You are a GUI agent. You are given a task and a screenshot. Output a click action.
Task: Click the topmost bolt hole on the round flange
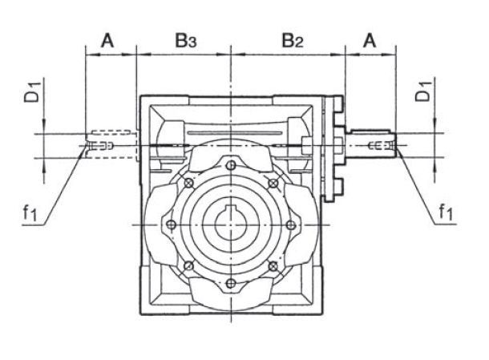(231, 165)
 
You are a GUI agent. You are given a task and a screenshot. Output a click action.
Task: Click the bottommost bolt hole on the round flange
(231, 282)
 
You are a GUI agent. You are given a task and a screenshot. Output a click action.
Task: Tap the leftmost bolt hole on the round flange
(172, 224)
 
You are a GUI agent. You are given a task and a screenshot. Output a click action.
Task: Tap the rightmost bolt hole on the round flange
(290, 224)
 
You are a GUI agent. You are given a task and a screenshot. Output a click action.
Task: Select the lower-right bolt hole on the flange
(273, 265)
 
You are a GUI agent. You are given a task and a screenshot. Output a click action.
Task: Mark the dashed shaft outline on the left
(110, 145)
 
